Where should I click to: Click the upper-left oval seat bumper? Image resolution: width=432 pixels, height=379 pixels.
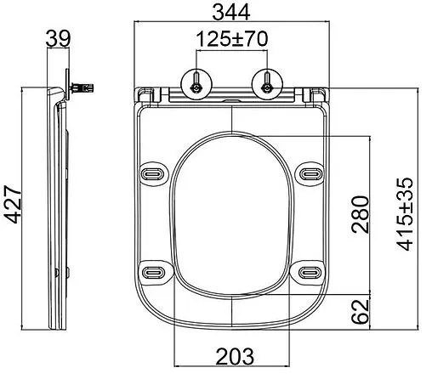(154, 173)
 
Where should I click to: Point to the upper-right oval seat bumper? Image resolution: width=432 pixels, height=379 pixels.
(310, 173)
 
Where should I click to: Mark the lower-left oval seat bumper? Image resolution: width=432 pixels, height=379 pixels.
(154, 272)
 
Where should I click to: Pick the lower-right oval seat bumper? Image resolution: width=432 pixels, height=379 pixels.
(310, 272)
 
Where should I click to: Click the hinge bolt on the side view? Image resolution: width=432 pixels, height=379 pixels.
(83, 87)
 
